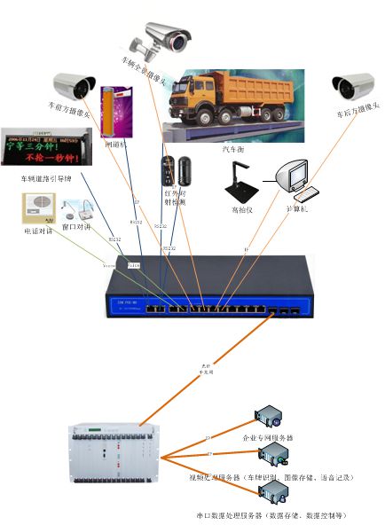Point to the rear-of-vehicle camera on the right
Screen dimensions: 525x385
[x=352, y=86]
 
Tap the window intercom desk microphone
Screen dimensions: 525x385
[x=81, y=209]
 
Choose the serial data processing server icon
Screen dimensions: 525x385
[x=273, y=493]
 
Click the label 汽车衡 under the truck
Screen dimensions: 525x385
[x=232, y=152]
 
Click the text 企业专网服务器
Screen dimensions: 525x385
[x=267, y=438]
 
